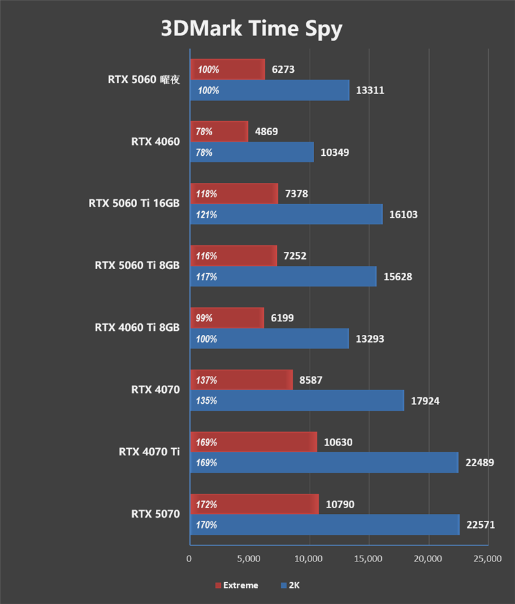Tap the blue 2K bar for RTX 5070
point(324,525)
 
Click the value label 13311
point(370,90)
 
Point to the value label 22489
point(480,463)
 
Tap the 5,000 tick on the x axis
point(248,559)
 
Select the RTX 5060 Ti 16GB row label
point(134,203)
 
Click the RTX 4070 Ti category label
point(149,451)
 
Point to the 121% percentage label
point(207,214)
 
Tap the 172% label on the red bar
point(207,504)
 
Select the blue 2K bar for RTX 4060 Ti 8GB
point(270,339)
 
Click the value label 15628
point(397,277)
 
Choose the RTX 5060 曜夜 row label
point(143,80)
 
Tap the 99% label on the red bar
point(205,318)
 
